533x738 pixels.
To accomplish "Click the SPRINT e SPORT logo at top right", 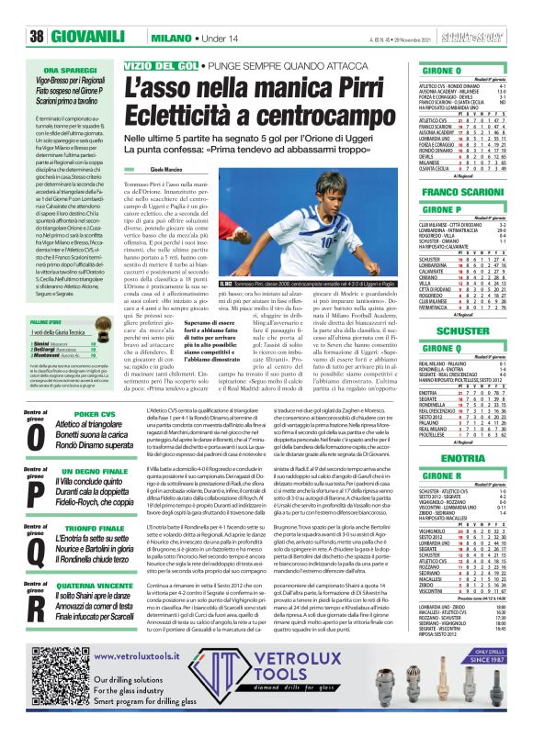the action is (496, 12).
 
